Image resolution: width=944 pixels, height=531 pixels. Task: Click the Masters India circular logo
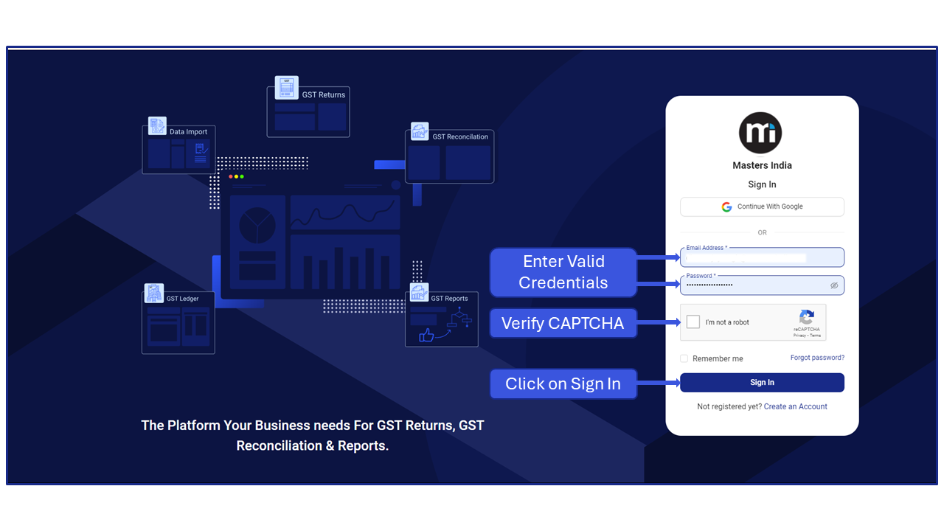(760, 133)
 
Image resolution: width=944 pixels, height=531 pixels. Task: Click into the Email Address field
(761, 258)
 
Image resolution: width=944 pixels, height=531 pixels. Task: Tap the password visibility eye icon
(834, 285)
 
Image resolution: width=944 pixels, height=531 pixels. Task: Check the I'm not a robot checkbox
(693, 322)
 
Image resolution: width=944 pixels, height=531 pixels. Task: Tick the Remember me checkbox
(684, 358)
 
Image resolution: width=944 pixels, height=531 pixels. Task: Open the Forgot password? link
(817, 358)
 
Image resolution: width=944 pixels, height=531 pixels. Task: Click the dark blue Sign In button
(762, 383)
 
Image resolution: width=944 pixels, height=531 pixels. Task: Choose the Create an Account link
(795, 406)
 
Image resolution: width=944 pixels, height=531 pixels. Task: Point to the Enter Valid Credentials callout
(563, 272)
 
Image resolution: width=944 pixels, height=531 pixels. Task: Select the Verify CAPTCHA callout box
(563, 323)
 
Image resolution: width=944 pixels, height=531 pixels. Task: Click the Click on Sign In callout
(563, 383)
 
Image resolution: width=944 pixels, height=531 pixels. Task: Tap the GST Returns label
(323, 95)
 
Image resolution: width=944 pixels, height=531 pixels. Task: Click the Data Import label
(188, 132)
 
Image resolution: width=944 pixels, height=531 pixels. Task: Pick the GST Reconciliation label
(460, 137)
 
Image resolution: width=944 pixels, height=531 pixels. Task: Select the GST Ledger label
(182, 299)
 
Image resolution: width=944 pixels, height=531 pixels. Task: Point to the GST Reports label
(449, 299)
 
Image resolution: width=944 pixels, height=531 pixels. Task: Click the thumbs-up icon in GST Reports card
(426, 336)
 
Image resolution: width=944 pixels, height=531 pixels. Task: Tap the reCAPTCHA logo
(807, 317)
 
